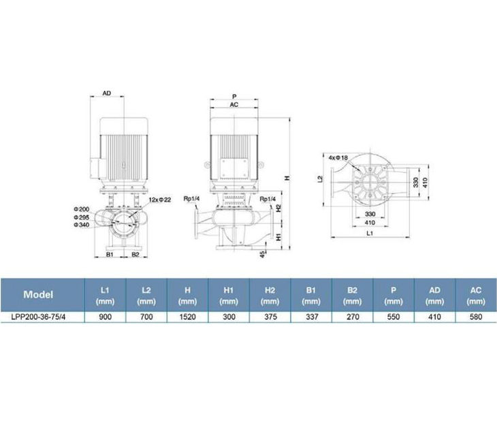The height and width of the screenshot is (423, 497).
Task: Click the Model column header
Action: pos(38,294)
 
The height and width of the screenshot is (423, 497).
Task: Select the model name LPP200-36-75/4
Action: pos(38,317)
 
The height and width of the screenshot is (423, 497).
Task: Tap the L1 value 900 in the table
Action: pos(105,317)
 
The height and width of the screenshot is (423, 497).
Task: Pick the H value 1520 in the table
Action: pos(188,317)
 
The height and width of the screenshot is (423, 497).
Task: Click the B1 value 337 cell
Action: pos(311,317)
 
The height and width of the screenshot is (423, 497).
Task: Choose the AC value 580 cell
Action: pos(476,317)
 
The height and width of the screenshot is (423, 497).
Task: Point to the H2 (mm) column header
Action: pos(270,296)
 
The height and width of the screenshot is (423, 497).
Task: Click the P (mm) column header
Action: pos(394,296)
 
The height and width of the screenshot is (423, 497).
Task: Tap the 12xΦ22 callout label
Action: pos(160,200)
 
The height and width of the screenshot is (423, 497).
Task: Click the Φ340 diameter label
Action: pos(82,225)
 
